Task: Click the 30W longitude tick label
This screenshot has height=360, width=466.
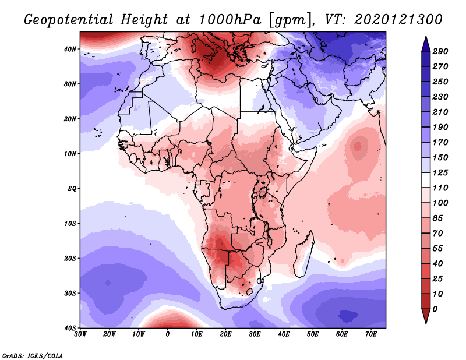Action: (80, 334)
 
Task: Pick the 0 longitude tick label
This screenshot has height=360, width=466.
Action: (168, 334)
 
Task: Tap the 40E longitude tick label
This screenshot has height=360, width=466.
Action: (284, 334)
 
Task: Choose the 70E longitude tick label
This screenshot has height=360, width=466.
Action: (371, 334)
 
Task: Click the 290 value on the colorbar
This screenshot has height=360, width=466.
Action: (440, 52)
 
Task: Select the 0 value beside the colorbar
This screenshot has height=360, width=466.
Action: (436, 308)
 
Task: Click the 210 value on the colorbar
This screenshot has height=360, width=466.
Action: (440, 111)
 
